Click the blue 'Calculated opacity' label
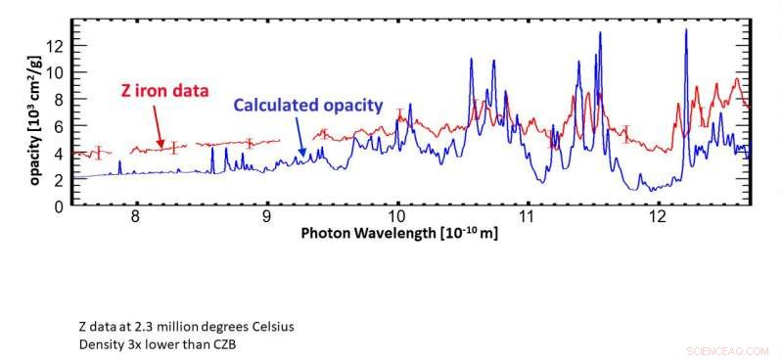pos(306,106)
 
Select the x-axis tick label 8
pos(136,217)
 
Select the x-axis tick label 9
pos(266,217)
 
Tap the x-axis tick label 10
pos(397,217)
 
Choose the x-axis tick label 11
pos(527,217)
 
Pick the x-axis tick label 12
pos(658,217)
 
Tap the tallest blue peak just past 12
pos(685,31)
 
